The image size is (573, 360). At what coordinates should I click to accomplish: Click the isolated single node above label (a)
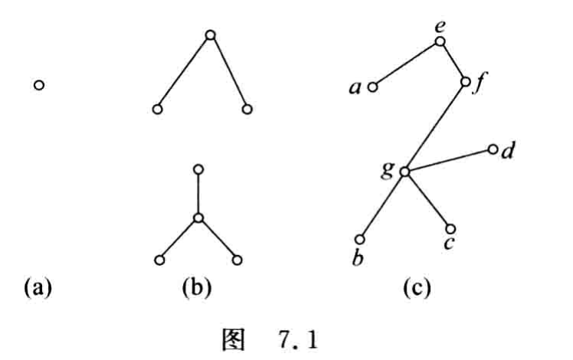(x=39, y=85)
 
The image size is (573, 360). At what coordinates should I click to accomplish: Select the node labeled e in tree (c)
(x=440, y=41)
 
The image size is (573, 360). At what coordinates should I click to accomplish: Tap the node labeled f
(x=465, y=82)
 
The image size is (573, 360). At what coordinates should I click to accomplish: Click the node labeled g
(x=404, y=172)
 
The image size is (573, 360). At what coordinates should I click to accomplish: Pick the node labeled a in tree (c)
(x=372, y=87)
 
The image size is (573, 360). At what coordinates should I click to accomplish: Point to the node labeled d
(x=493, y=149)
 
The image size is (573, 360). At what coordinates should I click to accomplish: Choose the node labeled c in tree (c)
(x=450, y=229)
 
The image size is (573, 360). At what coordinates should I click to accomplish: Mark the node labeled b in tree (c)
(x=359, y=240)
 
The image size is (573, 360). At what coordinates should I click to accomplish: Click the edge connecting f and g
(x=435, y=127)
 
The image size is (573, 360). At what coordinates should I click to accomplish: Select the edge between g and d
(x=449, y=160)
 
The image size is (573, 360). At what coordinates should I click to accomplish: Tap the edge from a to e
(x=406, y=64)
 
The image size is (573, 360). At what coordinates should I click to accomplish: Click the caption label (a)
(x=38, y=288)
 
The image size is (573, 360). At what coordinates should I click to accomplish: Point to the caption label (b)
(x=197, y=288)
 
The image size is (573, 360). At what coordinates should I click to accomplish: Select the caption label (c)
(x=417, y=288)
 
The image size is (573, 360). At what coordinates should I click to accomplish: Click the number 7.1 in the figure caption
(x=299, y=341)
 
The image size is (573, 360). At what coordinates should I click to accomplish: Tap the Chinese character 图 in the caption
(x=233, y=341)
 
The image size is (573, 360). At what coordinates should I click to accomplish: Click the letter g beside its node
(x=388, y=169)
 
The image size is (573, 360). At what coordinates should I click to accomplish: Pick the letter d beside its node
(x=508, y=150)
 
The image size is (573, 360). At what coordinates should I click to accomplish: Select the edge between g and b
(x=382, y=205)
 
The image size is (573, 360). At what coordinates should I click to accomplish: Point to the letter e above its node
(x=440, y=27)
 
